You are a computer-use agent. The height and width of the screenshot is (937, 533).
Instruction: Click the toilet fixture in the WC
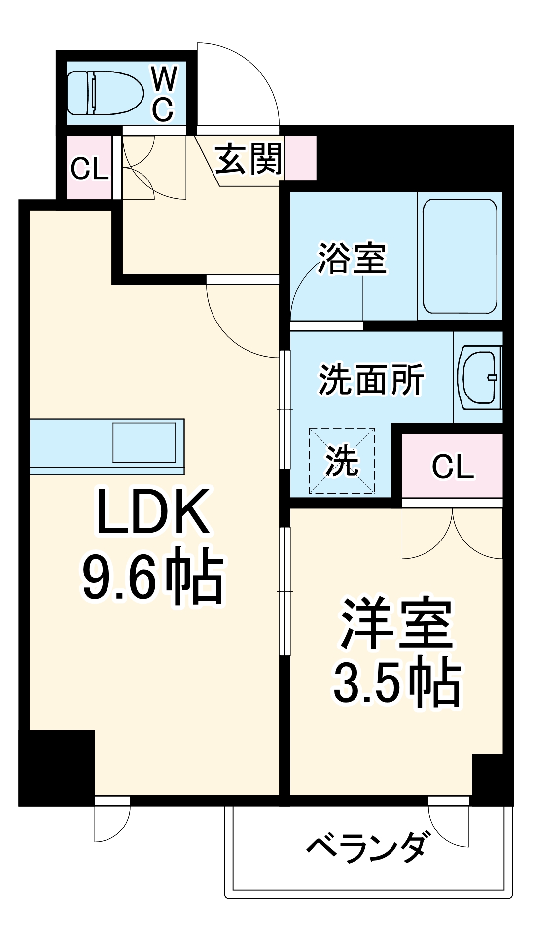pyautogui.click(x=105, y=93)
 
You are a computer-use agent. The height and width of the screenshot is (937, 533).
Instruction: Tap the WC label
pyautogui.click(x=164, y=93)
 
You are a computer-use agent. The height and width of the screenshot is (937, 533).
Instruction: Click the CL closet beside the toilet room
pyautogui.click(x=89, y=168)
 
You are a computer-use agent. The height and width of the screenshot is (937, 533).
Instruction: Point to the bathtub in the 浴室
pyautogui.click(x=460, y=256)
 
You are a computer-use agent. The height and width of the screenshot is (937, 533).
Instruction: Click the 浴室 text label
pyautogui.click(x=352, y=258)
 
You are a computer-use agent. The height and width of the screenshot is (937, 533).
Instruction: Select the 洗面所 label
pyautogui.click(x=371, y=380)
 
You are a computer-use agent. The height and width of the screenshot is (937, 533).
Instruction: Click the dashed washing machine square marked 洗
pyautogui.click(x=342, y=461)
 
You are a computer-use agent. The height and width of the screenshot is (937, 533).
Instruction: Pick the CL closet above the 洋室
pyautogui.click(x=452, y=466)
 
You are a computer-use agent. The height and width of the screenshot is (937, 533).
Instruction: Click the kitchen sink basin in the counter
pyautogui.click(x=144, y=442)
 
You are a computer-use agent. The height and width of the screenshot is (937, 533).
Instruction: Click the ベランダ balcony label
pyautogui.click(x=366, y=848)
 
